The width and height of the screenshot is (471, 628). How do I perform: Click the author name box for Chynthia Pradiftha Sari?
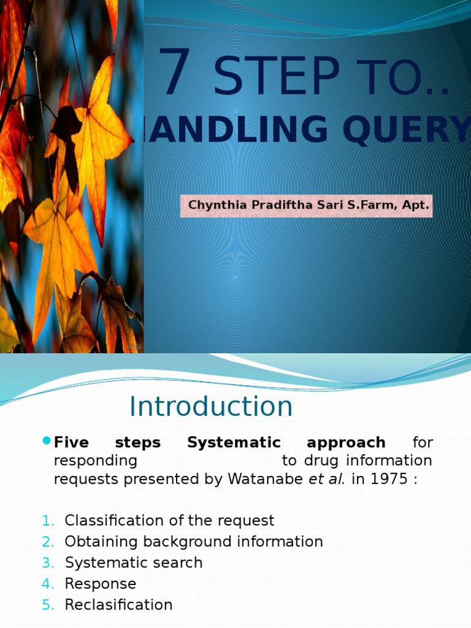coord(306,205)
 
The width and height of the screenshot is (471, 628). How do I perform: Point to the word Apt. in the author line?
coord(415,205)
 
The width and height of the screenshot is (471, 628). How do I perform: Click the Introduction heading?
coord(211,407)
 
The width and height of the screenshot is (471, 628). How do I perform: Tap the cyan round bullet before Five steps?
coord(47,441)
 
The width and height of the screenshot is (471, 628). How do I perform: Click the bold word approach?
coord(346,442)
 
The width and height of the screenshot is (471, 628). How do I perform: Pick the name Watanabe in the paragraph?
coord(266,479)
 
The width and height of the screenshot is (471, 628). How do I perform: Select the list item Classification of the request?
coord(169,521)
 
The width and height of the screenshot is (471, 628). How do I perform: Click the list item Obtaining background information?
coord(194,542)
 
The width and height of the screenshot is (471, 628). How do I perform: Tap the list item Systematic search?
coord(134,562)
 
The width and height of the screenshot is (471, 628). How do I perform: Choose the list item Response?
coord(101,583)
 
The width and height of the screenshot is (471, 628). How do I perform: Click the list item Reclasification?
coord(119,604)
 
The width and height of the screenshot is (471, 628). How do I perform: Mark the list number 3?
coord(48,562)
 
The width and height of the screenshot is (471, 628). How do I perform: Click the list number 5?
coord(48,604)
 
